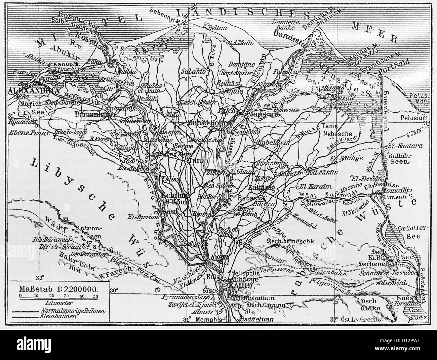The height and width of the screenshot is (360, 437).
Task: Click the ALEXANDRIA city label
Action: tap(29, 91)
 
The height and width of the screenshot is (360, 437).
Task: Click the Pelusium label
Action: tap(414, 118)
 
